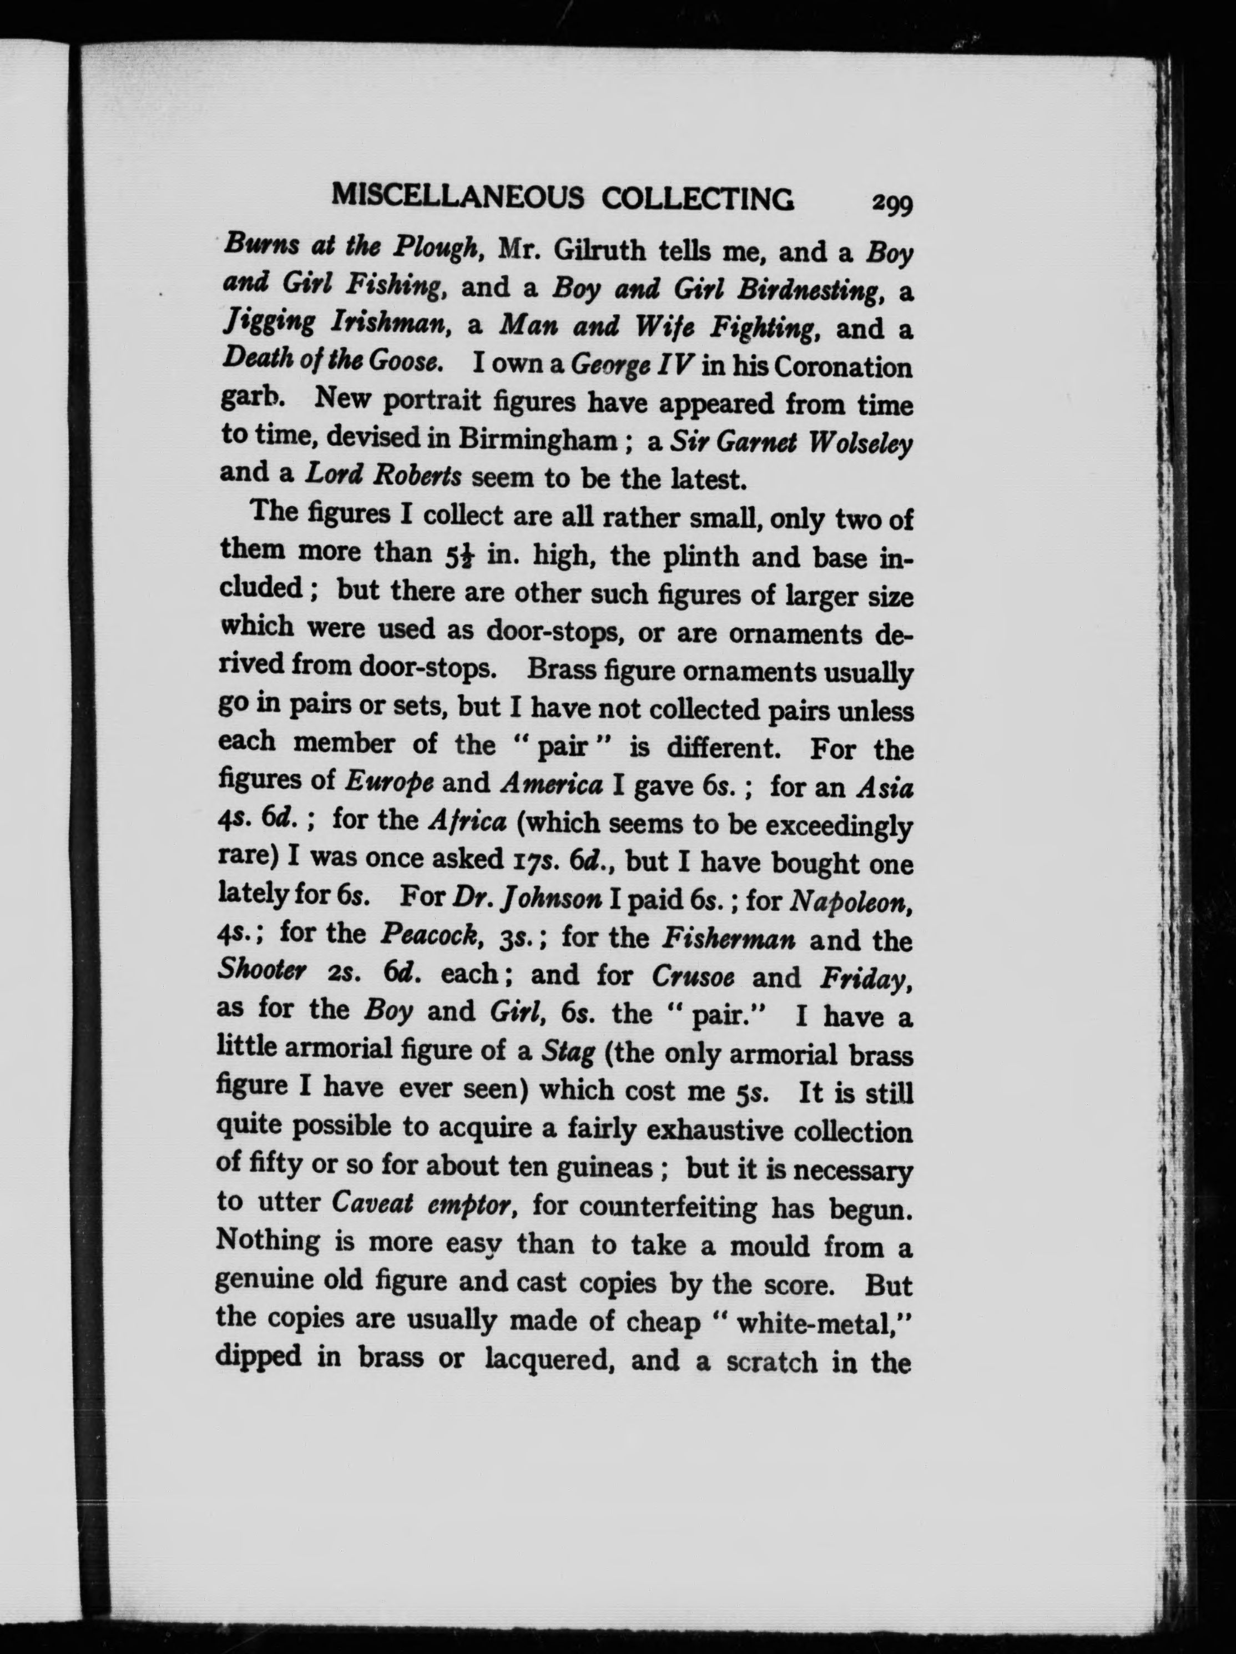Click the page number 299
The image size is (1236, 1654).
pos(892,203)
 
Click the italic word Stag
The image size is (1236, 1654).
pos(568,1053)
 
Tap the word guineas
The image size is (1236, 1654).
pos(602,1167)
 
